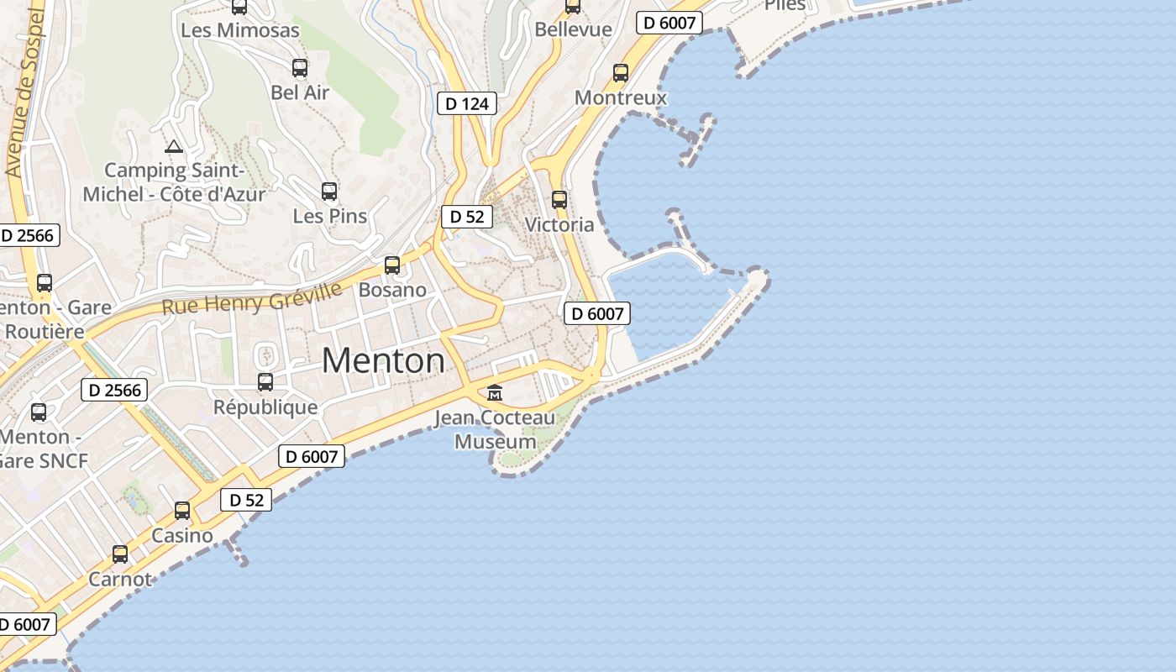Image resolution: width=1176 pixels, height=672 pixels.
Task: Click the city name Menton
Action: tap(383, 360)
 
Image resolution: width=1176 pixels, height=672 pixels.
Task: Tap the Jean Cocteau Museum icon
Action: tap(495, 392)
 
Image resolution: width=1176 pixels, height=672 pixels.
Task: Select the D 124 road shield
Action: tap(467, 103)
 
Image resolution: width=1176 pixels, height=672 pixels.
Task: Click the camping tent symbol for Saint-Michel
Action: tap(174, 146)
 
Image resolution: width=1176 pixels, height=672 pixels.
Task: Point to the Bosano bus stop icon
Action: tap(392, 265)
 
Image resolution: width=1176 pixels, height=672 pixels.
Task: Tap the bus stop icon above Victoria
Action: tap(559, 200)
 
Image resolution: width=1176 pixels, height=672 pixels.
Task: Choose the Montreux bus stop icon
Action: tap(621, 73)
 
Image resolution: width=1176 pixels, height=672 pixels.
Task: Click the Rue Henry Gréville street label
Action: tap(252, 298)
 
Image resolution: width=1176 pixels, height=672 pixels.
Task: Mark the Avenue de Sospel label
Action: tap(24, 92)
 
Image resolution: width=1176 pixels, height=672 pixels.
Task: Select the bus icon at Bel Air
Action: tap(300, 68)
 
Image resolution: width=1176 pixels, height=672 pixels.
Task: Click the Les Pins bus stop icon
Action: tap(329, 192)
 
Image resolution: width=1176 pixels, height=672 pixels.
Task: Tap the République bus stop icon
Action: tap(265, 382)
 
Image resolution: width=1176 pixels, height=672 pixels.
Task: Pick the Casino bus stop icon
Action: tap(182, 511)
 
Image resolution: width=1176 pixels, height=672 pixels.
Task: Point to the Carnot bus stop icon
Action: tap(120, 554)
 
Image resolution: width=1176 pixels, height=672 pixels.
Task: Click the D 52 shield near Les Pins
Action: tap(467, 217)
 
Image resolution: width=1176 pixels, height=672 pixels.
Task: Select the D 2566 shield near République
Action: tap(114, 390)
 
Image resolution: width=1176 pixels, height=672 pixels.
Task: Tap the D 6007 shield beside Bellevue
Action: tap(669, 23)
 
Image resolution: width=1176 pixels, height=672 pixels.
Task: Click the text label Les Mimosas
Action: tap(240, 30)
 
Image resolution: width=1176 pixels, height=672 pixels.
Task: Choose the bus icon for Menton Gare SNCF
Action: tap(39, 412)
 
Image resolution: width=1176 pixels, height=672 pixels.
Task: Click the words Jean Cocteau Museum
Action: tap(496, 429)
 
